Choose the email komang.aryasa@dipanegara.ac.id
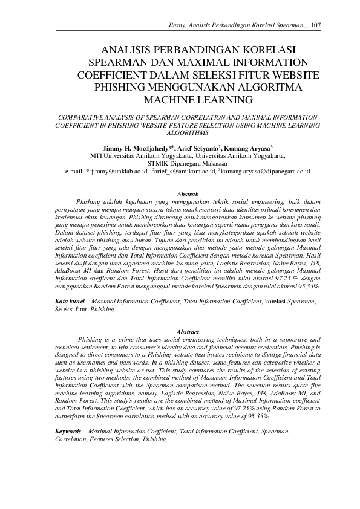[266, 172]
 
